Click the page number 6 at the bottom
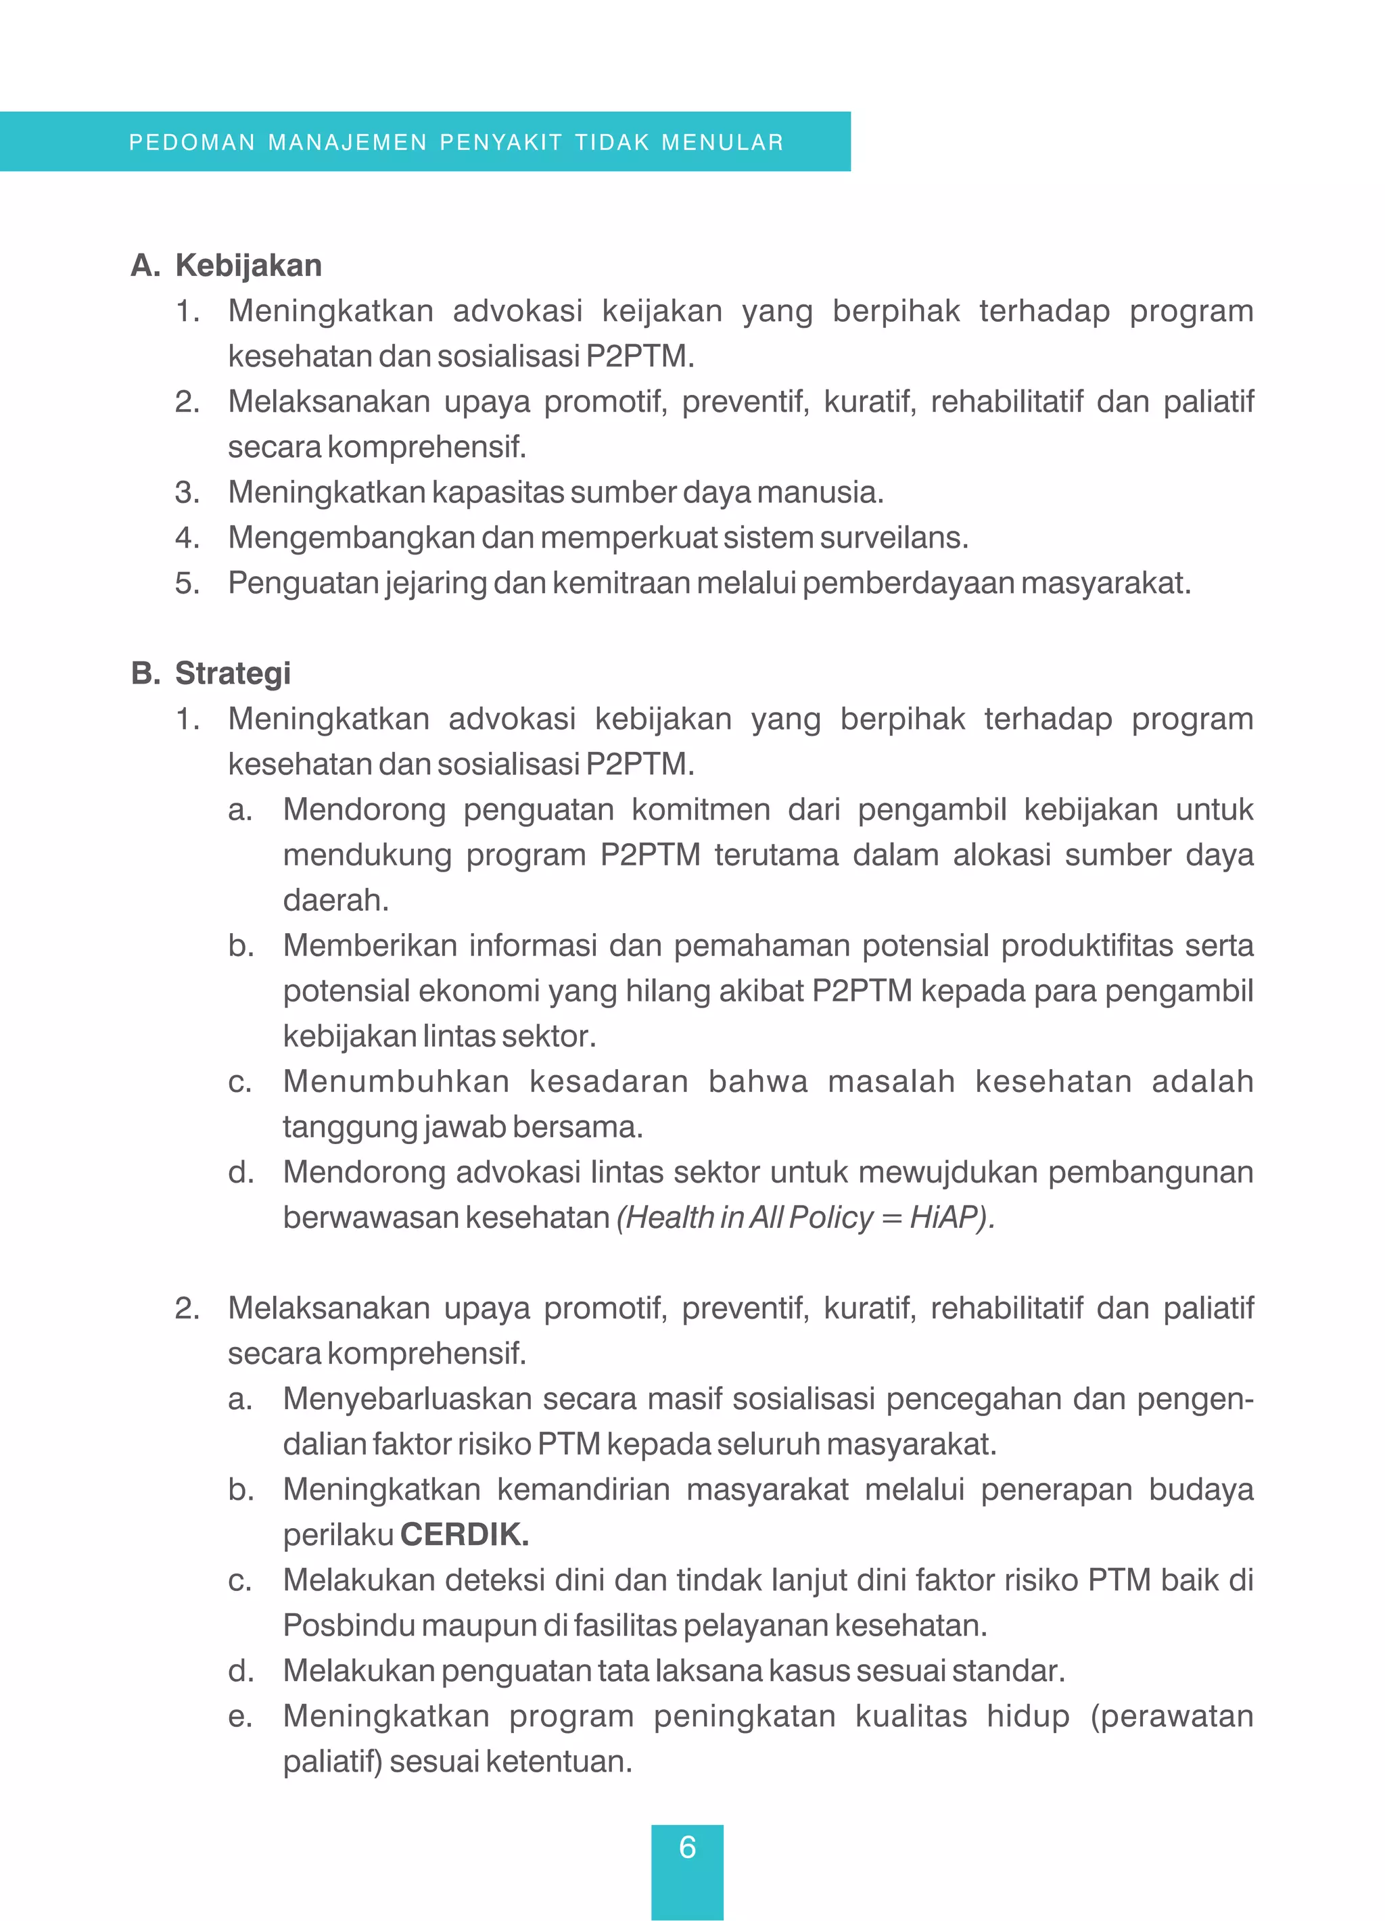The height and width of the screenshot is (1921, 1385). pyautogui.click(x=687, y=1847)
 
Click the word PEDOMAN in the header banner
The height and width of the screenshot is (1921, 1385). pyautogui.click(x=191, y=142)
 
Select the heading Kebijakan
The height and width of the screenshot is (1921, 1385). pyautogui.click(x=248, y=266)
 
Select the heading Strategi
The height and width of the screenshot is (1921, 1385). pyautogui.click(x=232, y=673)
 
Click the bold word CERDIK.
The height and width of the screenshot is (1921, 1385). pyautogui.click(x=464, y=1534)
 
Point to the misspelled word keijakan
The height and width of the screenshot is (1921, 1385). pyautogui.click(x=661, y=312)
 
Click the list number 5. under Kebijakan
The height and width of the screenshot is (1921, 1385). pyautogui.click(x=187, y=584)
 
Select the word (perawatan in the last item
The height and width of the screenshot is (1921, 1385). pyautogui.click(x=1170, y=1716)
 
